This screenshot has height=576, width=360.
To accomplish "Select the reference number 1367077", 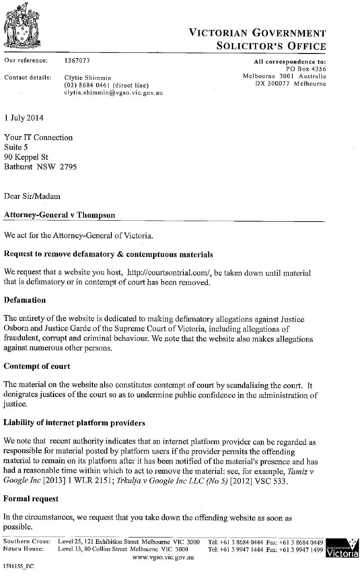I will pyautogui.click(x=77, y=60).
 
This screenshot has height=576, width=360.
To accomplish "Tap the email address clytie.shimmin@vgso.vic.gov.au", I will pyautogui.click(x=114, y=92).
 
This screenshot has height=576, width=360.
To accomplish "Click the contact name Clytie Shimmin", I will pyautogui.click(x=88, y=77).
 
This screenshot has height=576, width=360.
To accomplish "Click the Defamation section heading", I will pyautogui.click(x=25, y=300).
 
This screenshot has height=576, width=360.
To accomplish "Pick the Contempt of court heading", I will pyautogui.click(x=37, y=366).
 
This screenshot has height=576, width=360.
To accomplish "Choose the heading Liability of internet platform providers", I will pyautogui.click(x=74, y=423).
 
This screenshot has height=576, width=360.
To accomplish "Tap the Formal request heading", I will pyautogui.click(x=31, y=499).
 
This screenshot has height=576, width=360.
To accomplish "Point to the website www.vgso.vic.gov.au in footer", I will pyautogui.click(x=163, y=557).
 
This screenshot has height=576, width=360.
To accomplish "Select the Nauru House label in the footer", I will pyautogui.click(x=24, y=549).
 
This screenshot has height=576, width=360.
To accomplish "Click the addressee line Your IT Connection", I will pyautogui.click(x=38, y=137).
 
